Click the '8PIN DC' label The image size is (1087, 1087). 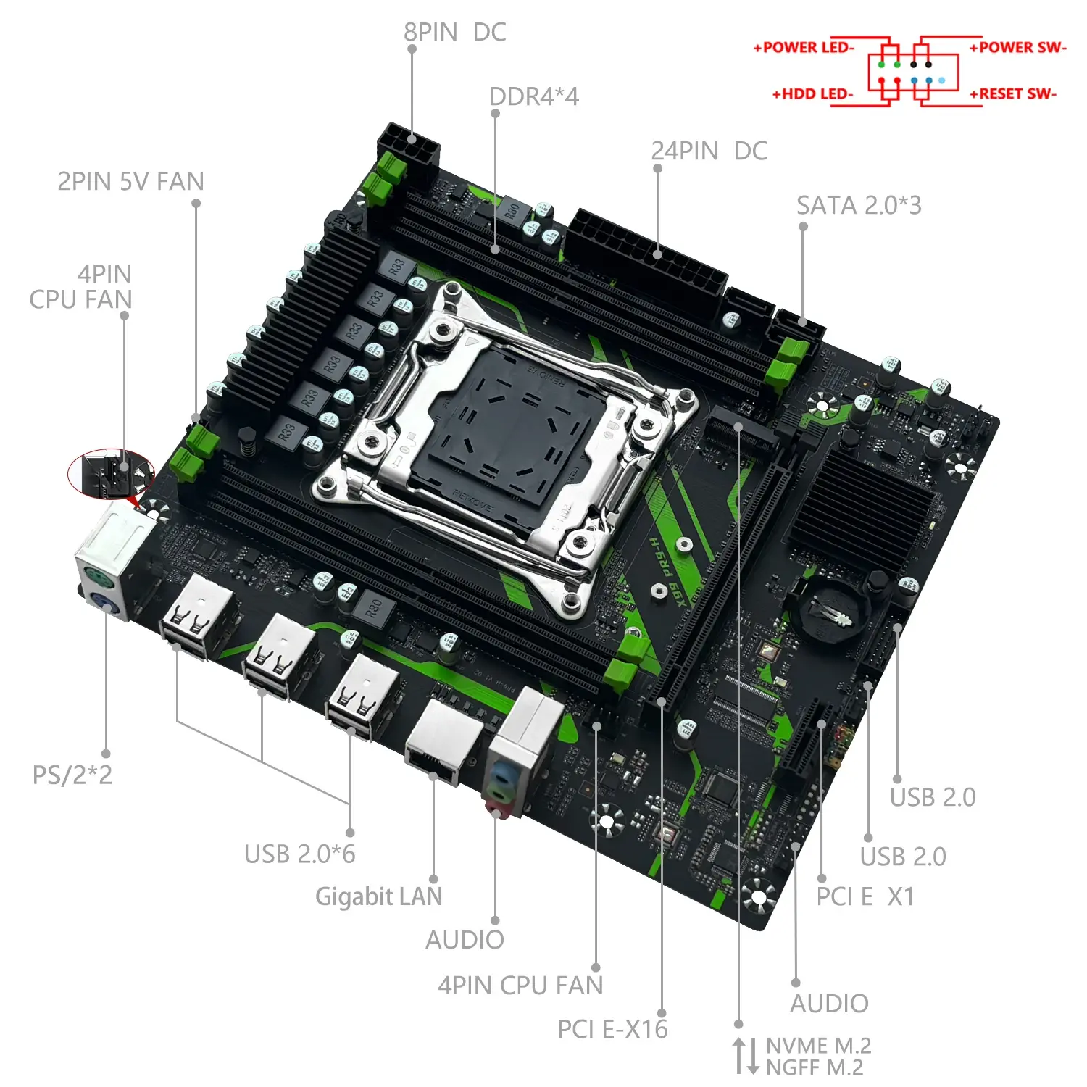click(454, 33)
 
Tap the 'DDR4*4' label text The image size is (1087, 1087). click(534, 96)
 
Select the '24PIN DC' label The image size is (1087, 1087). click(709, 151)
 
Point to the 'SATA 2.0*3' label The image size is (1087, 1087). click(859, 205)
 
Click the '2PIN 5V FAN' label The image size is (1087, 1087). click(130, 181)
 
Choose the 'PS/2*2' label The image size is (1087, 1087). click(72, 775)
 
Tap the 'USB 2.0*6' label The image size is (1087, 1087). click(299, 854)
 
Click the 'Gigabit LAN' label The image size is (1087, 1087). click(378, 896)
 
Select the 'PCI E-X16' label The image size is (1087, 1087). click(612, 1028)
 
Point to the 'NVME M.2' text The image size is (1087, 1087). click(818, 1046)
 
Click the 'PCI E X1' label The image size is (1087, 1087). click(865, 896)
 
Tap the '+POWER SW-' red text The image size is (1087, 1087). click(1017, 48)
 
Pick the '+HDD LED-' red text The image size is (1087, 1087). click(812, 94)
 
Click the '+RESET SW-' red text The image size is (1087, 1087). click(1013, 94)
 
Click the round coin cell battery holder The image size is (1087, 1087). click(831, 613)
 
